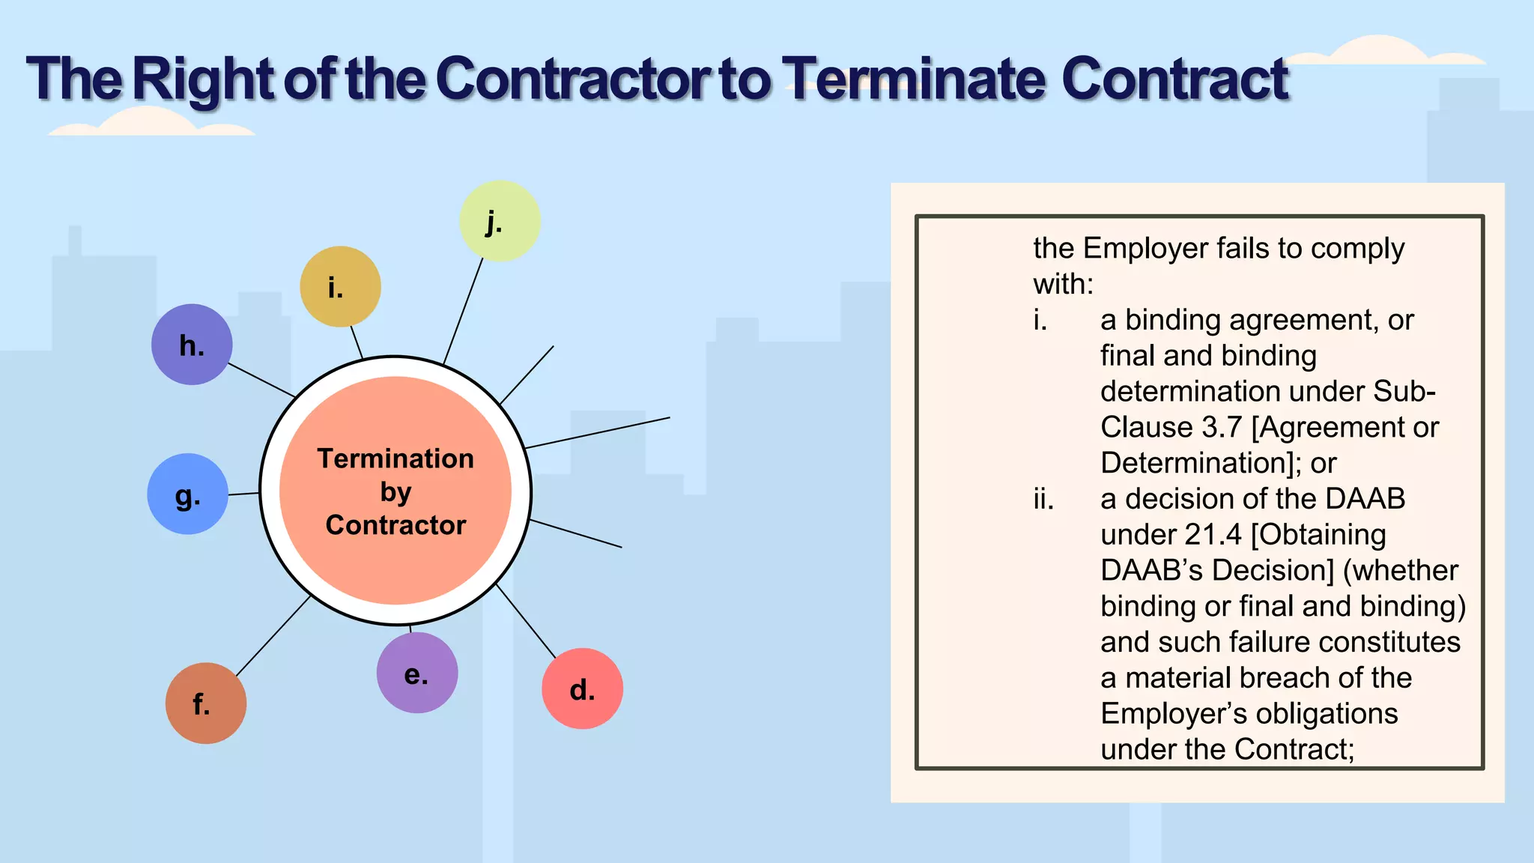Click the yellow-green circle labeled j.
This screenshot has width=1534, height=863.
(499, 221)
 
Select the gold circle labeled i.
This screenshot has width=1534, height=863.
(340, 287)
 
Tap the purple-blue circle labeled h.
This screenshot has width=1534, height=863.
(192, 345)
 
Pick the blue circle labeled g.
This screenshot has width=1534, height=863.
(187, 494)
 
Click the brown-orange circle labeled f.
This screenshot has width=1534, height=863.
(205, 703)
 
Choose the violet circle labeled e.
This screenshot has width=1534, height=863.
(416, 673)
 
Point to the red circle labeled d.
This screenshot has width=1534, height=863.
(582, 688)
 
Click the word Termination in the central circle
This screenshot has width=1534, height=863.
(395, 458)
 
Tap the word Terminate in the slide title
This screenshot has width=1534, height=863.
(914, 79)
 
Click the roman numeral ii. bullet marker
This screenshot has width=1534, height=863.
(1043, 499)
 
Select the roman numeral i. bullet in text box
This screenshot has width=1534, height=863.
(1040, 321)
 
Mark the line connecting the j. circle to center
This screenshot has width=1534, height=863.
(463, 311)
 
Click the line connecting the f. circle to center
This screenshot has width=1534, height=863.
(273, 636)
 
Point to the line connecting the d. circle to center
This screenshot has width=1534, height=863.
(526, 621)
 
